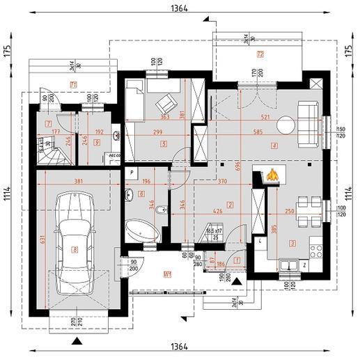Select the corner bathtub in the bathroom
(x=142, y=229)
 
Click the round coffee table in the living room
(x=286, y=125)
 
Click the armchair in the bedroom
(x=166, y=105)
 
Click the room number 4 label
(x=276, y=145)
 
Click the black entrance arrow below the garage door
(x=75, y=341)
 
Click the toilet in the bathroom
(x=161, y=209)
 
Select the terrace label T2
(x=260, y=54)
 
